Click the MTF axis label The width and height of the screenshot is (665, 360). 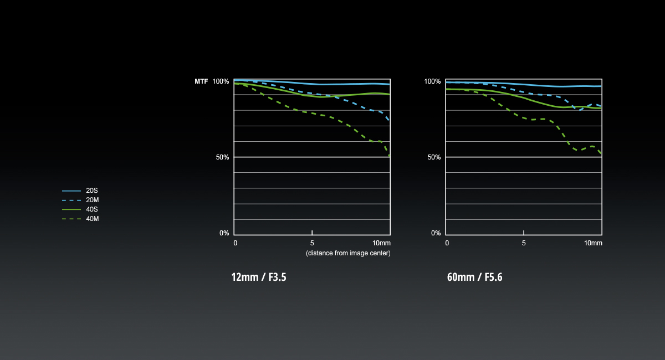201,81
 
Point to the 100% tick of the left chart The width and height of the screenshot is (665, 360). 221,81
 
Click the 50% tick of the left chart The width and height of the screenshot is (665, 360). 222,157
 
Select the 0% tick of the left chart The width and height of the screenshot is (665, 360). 224,233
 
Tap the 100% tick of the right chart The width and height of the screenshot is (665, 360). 432,81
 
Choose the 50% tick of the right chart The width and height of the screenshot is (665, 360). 434,157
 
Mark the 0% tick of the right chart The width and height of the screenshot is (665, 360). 436,233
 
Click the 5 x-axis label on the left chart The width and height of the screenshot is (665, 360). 312,243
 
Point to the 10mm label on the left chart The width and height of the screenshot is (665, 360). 381,243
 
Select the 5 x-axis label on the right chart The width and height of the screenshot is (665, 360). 524,243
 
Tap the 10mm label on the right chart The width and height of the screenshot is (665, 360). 593,243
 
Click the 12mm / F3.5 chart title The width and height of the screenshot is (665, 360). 259,277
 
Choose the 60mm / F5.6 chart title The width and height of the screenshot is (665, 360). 474,277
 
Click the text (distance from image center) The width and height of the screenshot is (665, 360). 348,253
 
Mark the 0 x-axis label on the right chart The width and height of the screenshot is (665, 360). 447,243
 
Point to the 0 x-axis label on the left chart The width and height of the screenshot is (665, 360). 236,243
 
